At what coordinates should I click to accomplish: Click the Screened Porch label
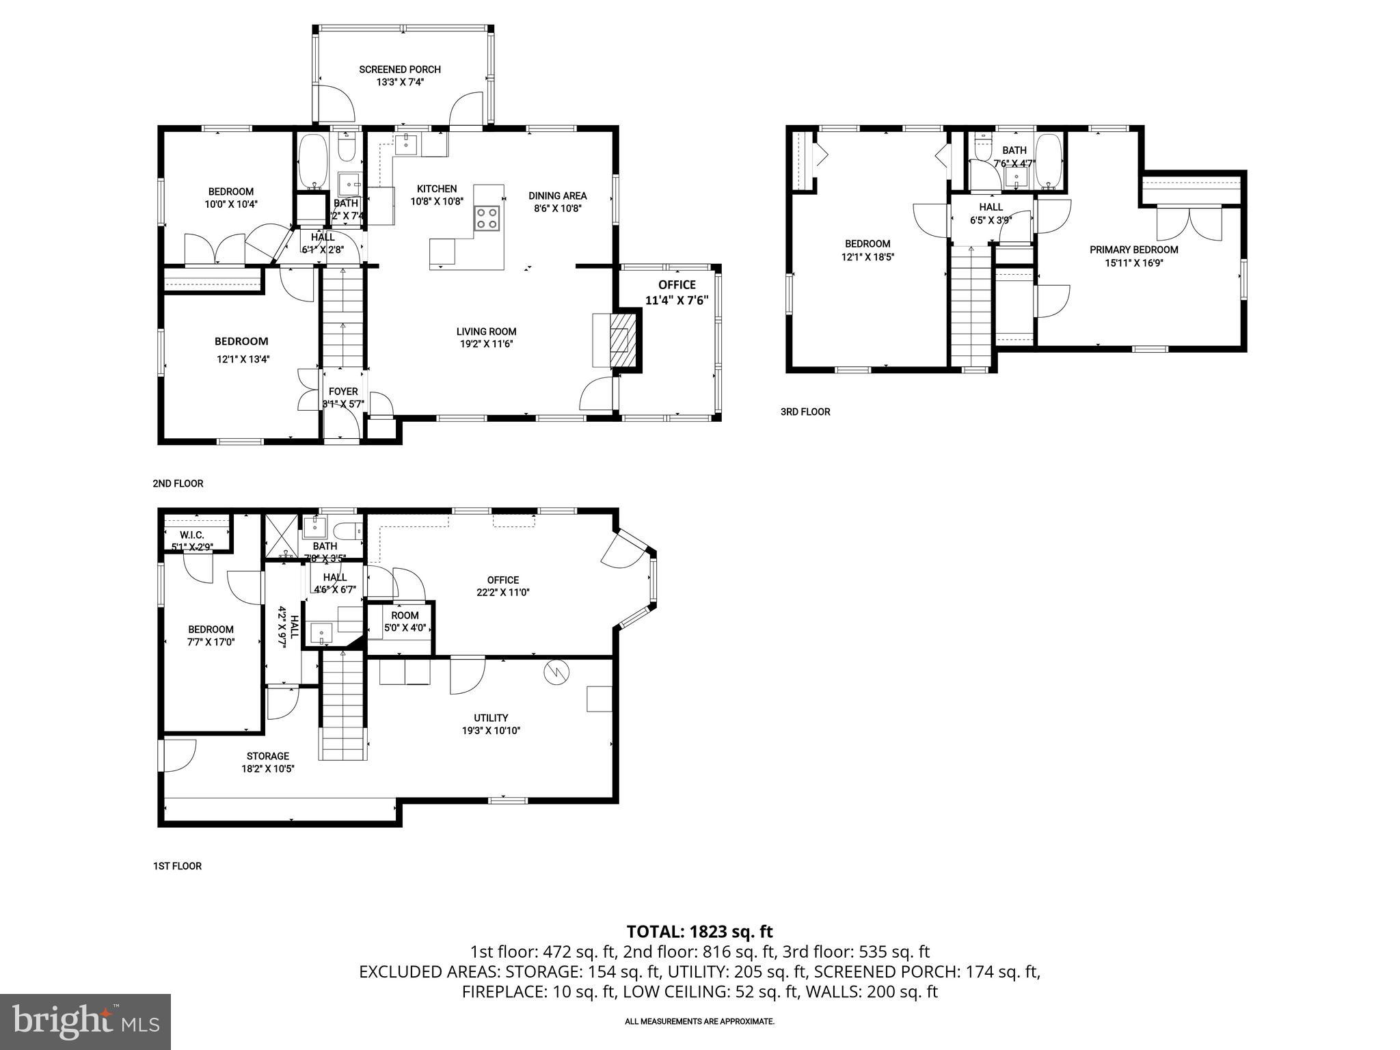coord(400,75)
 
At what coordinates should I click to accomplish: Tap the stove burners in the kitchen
coord(487,218)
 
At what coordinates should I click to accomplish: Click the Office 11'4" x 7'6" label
coord(677,292)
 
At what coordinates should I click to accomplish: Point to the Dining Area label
coord(557,196)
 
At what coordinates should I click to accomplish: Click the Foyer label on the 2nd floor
coord(343,392)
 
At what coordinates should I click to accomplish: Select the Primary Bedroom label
coord(1133,250)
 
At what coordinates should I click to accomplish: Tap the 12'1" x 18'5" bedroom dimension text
coord(867,257)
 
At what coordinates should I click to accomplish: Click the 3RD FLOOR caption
coord(805,412)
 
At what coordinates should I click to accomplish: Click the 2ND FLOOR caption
coord(178,483)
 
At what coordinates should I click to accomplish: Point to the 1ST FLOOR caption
coord(177,866)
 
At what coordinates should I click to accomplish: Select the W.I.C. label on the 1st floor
coord(192,535)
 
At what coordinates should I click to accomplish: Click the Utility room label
coord(491,718)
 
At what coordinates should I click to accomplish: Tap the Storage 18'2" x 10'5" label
coord(267,762)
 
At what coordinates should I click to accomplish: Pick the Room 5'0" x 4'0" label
coord(405,621)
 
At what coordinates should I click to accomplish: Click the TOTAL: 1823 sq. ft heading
coord(699,931)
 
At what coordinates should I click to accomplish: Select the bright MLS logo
coord(85,1021)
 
